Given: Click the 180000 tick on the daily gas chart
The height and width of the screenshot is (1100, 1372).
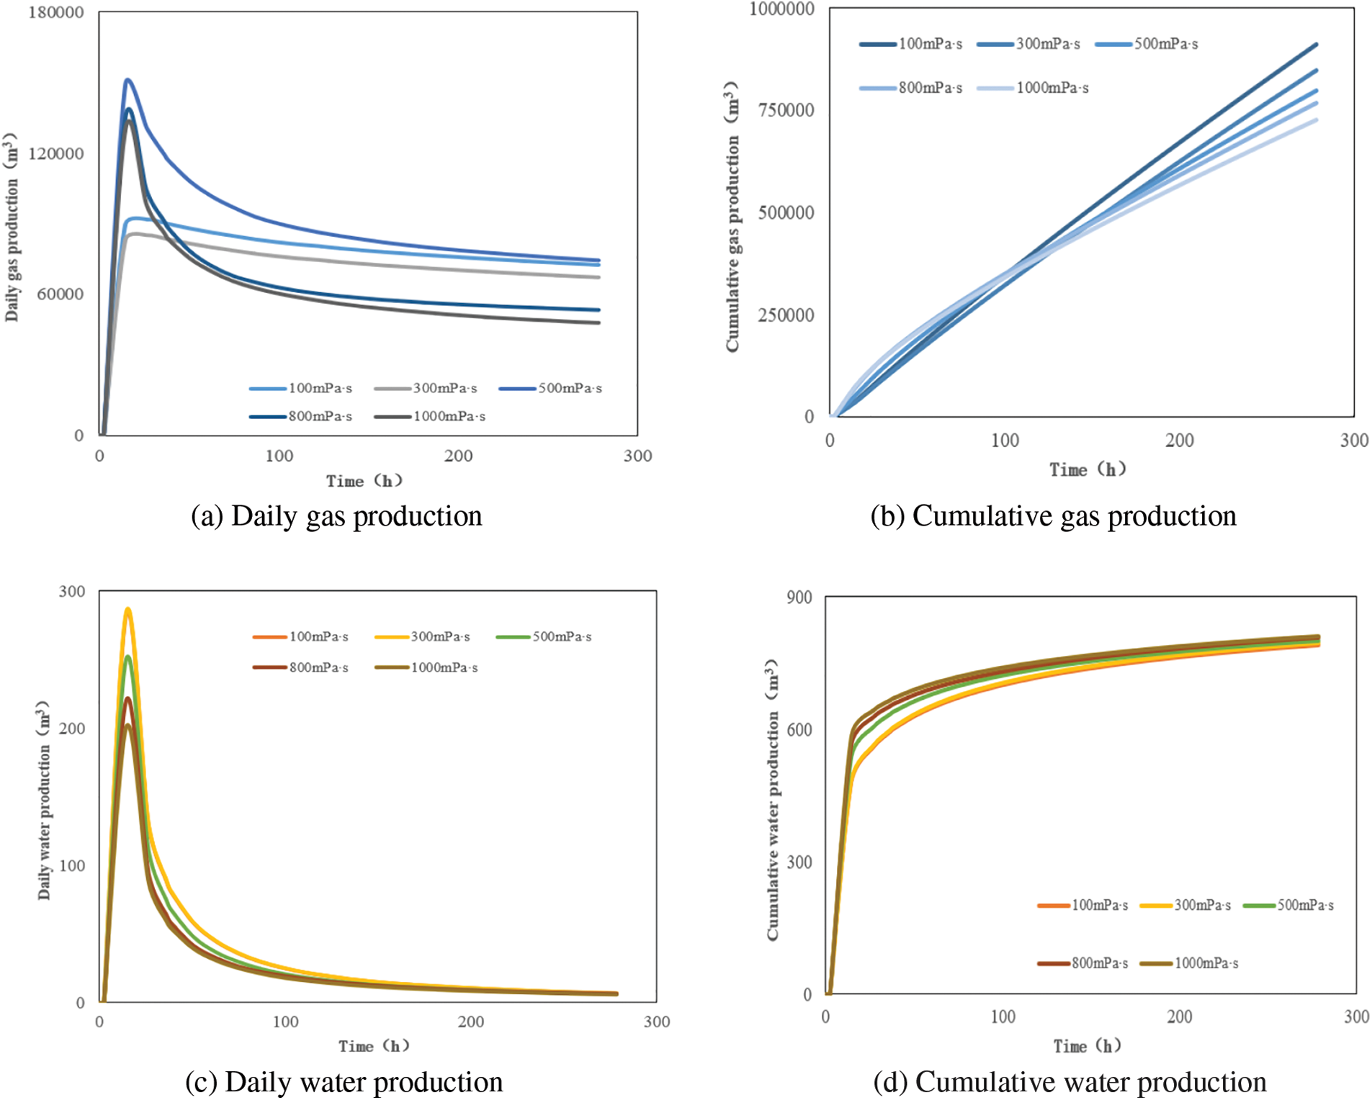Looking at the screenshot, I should [x=56, y=13].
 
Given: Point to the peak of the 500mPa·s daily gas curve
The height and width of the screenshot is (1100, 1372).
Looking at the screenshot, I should [x=127, y=80].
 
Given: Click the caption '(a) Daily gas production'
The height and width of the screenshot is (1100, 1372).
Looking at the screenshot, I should [x=336, y=516].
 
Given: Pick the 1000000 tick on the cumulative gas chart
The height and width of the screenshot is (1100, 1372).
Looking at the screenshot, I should [x=781, y=9].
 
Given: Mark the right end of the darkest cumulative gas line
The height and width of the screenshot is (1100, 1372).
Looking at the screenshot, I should [x=1316, y=45].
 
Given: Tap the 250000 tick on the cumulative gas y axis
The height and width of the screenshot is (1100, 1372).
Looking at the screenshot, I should [x=786, y=315].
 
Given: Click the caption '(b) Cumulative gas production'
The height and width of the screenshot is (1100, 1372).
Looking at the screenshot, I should [x=1053, y=516].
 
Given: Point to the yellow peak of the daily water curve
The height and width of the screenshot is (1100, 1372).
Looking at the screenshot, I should [x=127, y=609].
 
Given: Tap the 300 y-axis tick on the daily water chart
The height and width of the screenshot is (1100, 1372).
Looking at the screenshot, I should [x=71, y=591].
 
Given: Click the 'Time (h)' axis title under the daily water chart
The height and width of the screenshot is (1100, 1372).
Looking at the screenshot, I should [x=374, y=1045].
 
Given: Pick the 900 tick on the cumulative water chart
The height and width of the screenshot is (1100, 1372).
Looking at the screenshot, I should [x=799, y=597].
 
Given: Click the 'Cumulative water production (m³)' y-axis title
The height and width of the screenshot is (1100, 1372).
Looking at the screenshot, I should [x=773, y=799].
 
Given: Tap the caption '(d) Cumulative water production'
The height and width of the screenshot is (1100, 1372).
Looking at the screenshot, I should [x=1070, y=1082].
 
